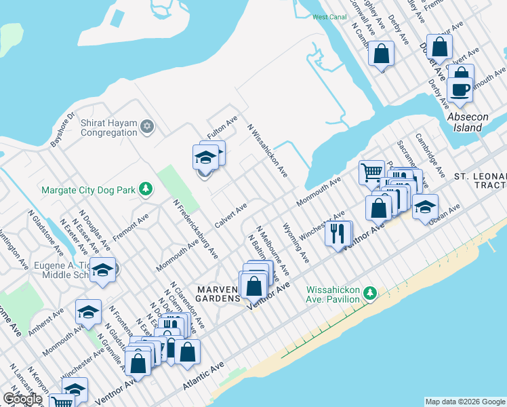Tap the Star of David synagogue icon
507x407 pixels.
[x=147, y=126]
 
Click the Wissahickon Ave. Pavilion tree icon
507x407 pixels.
[x=369, y=293]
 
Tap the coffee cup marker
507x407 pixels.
[x=460, y=90]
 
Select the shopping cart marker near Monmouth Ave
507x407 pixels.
[x=371, y=172]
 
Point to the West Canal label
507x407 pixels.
[x=329, y=17]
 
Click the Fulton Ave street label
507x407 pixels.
[x=222, y=128]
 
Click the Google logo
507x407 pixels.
[x=22, y=399]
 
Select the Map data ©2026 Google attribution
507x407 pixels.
[x=464, y=402]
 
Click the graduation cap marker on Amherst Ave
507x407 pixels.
[x=88, y=313]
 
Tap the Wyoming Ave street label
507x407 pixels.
[x=296, y=244]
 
